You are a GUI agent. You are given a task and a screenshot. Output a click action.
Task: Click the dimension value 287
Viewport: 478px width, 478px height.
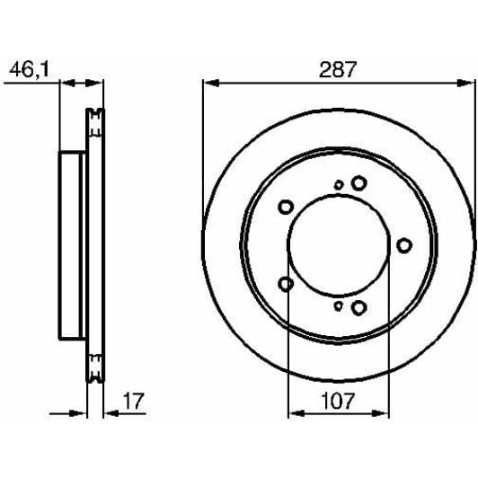(x=338, y=69)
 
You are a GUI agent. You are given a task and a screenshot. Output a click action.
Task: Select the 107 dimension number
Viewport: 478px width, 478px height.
(x=339, y=401)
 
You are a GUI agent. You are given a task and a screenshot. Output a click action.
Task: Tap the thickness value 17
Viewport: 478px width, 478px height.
(x=133, y=401)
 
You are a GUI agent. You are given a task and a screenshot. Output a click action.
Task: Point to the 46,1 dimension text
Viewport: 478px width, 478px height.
(x=29, y=70)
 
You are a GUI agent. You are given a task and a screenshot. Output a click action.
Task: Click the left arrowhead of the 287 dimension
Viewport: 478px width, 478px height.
(x=211, y=83)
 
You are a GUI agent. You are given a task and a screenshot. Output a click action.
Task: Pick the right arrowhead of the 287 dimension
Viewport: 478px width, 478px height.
(x=466, y=83)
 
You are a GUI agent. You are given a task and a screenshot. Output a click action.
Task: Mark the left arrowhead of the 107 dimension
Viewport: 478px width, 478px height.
(x=297, y=413)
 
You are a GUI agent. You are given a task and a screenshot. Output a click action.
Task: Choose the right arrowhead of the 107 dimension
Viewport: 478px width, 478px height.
(x=381, y=413)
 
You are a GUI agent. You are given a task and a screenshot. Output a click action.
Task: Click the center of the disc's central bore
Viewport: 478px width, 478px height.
(x=339, y=245)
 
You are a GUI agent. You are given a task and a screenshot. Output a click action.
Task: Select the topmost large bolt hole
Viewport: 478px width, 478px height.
(x=358, y=183)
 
